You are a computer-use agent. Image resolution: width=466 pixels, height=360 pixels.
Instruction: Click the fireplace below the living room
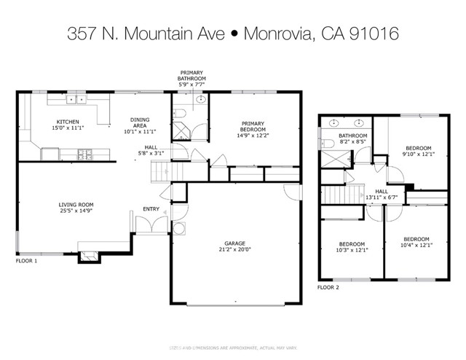pyautogui.click(x=89, y=255)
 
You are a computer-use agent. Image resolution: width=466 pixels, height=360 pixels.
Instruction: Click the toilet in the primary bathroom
pyautogui.click(x=180, y=112)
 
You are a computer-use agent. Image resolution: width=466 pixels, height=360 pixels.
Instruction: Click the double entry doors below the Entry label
pyautogui.click(x=151, y=225)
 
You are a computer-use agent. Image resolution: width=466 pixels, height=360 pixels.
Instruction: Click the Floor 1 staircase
pyautogui.click(x=163, y=172)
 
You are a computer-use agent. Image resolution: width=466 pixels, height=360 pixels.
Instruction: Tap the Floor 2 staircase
pyautogui.click(x=337, y=195)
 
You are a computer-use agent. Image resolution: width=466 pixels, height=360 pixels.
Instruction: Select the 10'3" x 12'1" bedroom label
pyautogui.click(x=352, y=247)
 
